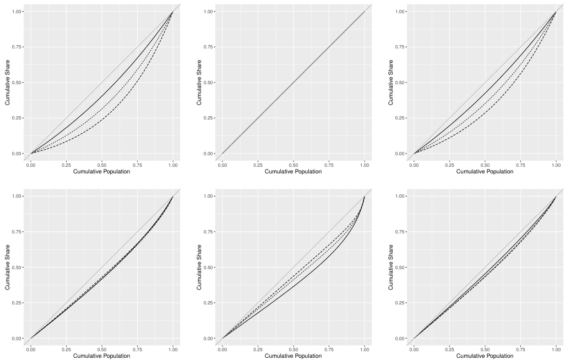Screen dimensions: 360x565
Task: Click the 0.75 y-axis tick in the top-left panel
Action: pos(17,47)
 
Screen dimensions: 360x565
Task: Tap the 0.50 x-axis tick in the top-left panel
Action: pos(102,165)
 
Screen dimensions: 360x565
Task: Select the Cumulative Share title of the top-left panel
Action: pos(8,83)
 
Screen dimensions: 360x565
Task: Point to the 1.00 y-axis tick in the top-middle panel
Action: pos(209,12)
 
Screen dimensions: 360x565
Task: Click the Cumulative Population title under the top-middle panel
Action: pos(293,172)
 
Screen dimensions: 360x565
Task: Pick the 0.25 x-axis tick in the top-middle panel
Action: pos(258,165)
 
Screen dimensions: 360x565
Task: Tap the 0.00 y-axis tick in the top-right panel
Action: pos(400,154)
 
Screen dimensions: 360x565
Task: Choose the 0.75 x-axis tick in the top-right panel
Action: pos(520,165)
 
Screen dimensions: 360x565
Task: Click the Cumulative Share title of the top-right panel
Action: pos(391,83)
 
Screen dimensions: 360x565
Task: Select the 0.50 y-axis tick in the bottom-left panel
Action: pos(17,268)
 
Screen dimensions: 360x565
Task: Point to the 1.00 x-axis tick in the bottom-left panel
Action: pos(173,349)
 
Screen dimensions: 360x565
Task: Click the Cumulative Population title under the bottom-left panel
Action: pos(102,356)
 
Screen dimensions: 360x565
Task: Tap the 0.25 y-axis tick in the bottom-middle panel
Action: pos(209,303)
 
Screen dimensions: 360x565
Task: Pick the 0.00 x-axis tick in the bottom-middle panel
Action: pos(222,349)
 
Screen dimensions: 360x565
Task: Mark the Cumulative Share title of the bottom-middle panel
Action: pos(199,268)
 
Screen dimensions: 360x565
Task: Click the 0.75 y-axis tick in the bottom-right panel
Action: pos(400,232)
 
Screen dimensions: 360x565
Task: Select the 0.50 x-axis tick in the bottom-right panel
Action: pos(485,349)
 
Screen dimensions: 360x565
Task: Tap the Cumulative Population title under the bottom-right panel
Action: pos(485,356)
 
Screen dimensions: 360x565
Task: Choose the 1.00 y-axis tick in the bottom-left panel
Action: pos(17,197)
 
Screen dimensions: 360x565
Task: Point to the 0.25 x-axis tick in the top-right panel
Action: pos(449,165)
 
